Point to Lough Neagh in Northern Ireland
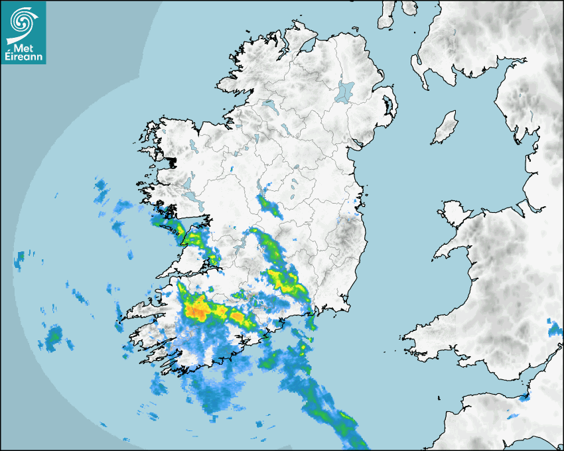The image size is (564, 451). (345, 91)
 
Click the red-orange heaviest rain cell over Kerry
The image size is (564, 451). (197, 308)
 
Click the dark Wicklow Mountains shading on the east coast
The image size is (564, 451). (348, 232)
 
